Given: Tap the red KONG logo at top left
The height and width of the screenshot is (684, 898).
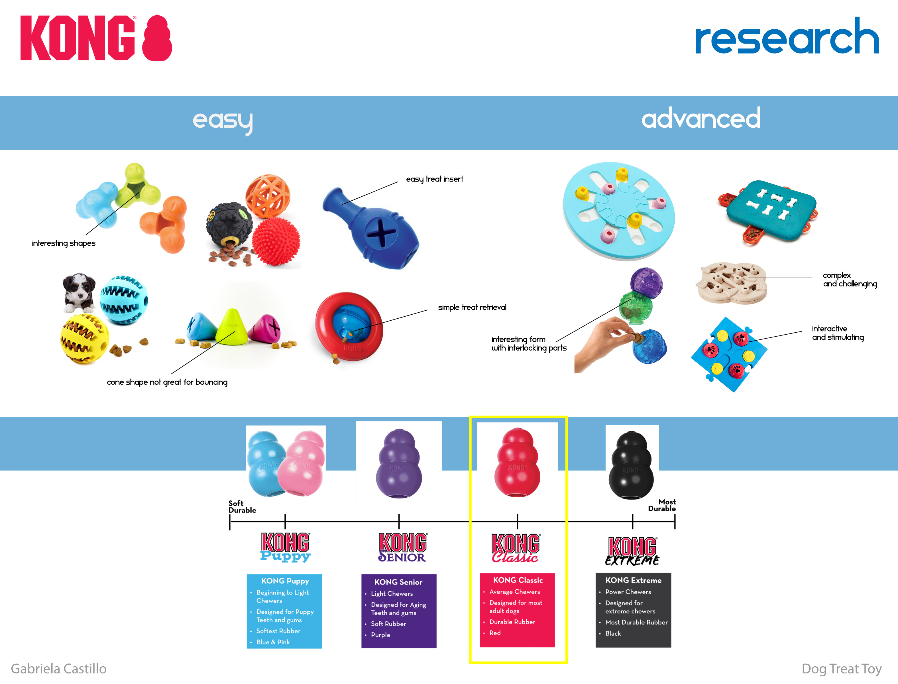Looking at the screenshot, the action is pos(96,38).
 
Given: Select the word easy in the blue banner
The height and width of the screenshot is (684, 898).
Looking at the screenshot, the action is pos(222,121).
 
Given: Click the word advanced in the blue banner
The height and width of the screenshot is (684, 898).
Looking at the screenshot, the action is pos(701,119).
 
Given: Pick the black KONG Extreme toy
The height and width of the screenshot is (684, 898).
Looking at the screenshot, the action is pos(631,466).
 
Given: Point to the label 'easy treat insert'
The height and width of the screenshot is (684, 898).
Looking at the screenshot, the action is pos(434,179).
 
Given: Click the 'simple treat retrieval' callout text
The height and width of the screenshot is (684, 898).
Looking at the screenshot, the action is pos(472,308).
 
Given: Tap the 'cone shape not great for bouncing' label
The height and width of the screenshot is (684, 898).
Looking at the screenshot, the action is pos(167,382).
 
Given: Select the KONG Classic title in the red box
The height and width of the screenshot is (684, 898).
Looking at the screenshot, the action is pos(518,580).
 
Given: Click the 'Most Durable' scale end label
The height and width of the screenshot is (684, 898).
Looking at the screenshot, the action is pos(662,505).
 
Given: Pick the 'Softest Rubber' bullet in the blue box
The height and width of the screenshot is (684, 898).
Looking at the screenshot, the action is pos(278,631).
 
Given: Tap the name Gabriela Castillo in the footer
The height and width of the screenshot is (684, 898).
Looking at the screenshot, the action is pos(59,669).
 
